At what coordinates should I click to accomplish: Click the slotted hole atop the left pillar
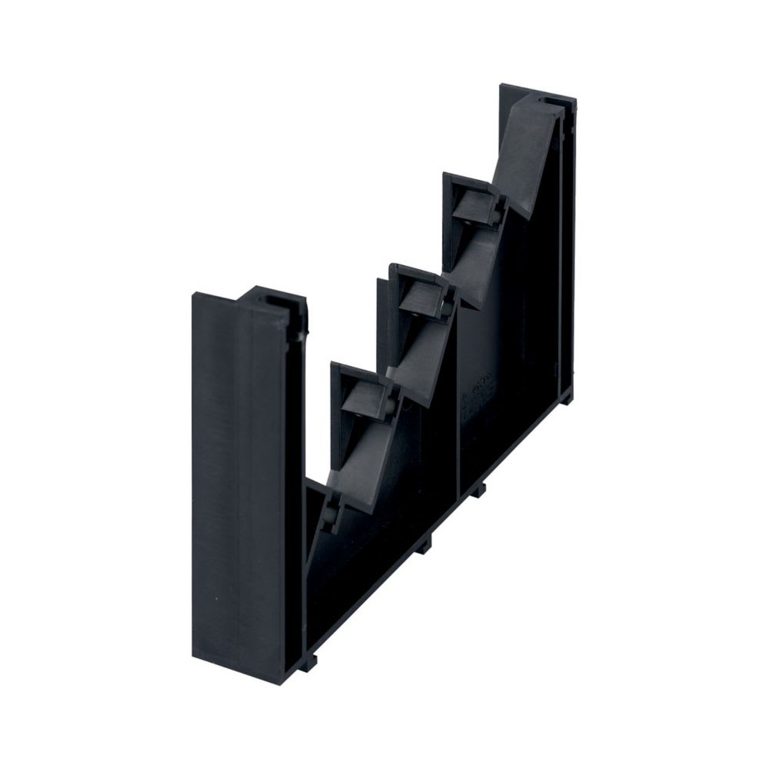click(275, 297)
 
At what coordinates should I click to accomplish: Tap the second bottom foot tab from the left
click(425, 543)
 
